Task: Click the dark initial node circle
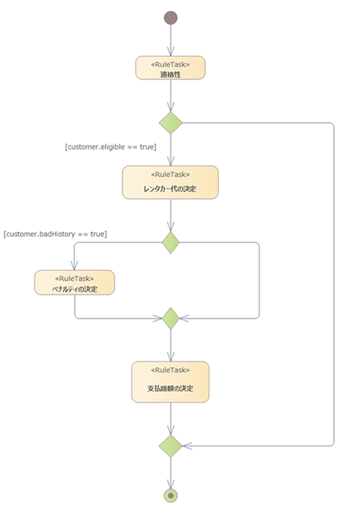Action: tap(171, 18)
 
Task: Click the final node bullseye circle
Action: tap(171, 495)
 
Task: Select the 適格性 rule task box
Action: tap(170, 68)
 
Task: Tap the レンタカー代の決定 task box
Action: tap(170, 182)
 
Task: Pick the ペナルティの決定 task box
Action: tap(75, 282)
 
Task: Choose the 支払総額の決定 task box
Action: tap(170, 382)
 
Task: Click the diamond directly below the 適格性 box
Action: tap(171, 123)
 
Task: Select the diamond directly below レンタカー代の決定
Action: tap(171, 242)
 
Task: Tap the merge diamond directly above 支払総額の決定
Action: tap(171, 318)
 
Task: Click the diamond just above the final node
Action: tap(171, 446)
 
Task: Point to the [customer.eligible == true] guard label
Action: tap(111, 147)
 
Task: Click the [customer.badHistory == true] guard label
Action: tap(55, 234)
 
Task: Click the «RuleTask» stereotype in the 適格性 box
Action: tap(170, 65)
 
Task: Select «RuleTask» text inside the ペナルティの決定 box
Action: tap(75, 279)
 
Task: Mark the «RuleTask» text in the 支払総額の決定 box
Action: tap(170, 370)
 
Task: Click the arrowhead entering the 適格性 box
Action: tap(171, 51)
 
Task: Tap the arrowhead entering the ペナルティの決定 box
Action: tap(75, 266)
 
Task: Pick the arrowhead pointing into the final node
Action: tap(171, 484)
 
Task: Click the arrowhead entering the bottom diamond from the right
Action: tap(188, 446)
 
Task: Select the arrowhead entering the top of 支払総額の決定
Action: tap(171, 357)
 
